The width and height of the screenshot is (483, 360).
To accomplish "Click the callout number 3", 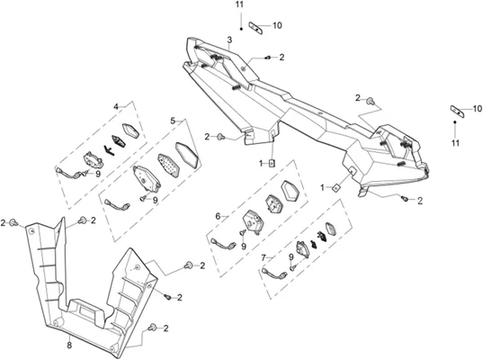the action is [x=229, y=40].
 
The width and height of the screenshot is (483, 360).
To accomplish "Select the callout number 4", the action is [x=116, y=107].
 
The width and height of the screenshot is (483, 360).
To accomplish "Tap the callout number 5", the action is [x=173, y=121].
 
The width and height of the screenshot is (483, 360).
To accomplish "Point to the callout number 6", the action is [x=218, y=216].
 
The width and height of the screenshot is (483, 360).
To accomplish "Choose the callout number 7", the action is [x=264, y=257].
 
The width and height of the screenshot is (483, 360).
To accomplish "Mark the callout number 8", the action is [x=69, y=346].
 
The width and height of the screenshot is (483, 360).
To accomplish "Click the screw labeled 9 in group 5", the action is [x=143, y=199].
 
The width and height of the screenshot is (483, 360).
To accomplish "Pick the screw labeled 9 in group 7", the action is [x=292, y=268].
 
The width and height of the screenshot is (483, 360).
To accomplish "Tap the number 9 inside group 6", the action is [x=244, y=247].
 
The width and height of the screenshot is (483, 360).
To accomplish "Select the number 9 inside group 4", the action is [x=98, y=174].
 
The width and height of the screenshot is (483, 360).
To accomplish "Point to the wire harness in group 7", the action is [x=273, y=273].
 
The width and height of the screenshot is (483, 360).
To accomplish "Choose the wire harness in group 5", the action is [x=117, y=205].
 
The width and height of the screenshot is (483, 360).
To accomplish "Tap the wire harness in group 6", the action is [x=224, y=242].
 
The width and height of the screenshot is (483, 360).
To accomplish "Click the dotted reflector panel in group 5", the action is [x=168, y=166].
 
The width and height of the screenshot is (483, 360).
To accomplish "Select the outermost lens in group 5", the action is [x=187, y=155].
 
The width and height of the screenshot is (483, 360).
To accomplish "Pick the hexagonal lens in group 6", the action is [x=290, y=191].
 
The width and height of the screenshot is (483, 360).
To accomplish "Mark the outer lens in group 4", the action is [x=131, y=130].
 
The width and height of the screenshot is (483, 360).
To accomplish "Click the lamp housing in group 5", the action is [x=146, y=179].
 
